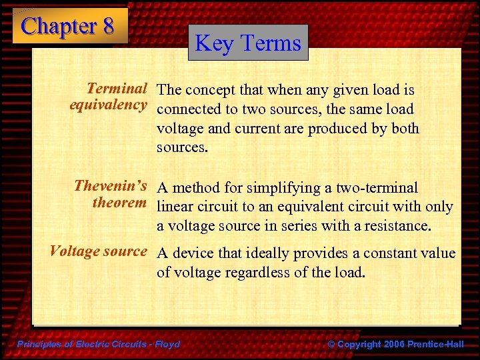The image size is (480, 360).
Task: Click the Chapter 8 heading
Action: pyautogui.click(x=68, y=26)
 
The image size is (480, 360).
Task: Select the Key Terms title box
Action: pyautogui.click(x=248, y=43)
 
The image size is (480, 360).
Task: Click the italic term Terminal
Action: pyautogui.click(x=117, y=89)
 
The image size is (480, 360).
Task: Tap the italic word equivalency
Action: pyautogui.click(x=108, y=105)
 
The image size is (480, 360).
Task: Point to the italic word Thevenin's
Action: pyautogui.click(x=110, y=186)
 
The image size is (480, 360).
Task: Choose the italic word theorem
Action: pyautogui.click(x=119, y=203)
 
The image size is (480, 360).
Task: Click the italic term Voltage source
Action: pyautogui.click(x=98, y=251)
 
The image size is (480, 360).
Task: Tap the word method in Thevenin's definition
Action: pyautogui.click(x=196, y=189)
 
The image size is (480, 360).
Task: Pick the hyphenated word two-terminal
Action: pyautogui.click(x=376, y=189)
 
